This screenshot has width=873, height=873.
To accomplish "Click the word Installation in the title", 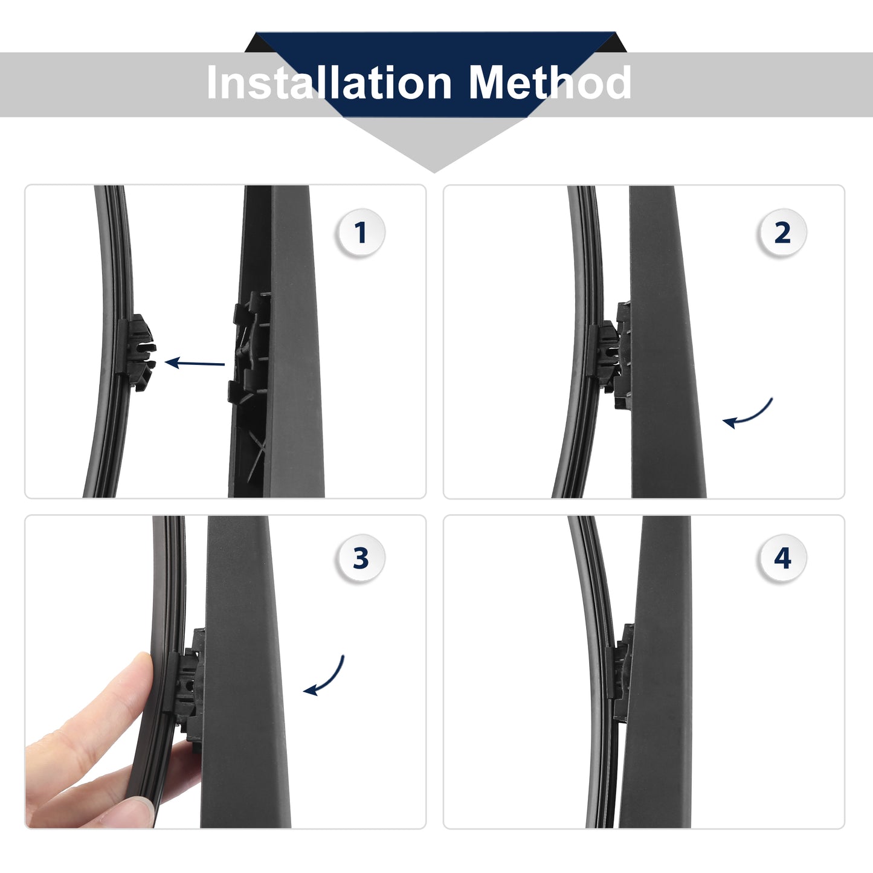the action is [x=329, y=82].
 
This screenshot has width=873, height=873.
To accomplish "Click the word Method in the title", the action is [x=550, y=82].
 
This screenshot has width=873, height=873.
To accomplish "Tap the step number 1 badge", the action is [x=361, y=233].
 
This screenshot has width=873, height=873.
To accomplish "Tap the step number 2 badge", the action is [x=782, y=233].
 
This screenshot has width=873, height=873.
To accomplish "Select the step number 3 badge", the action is [x=361, y=558].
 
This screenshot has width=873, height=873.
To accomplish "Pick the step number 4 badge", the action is [x=782, y=558].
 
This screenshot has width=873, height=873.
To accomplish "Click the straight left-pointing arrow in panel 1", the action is [x=195, y=363].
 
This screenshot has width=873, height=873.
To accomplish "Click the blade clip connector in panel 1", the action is [x=137, y=352].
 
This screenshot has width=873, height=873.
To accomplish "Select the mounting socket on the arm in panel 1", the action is [x=249, y=349].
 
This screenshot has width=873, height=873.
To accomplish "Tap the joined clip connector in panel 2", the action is [x=610, y=356].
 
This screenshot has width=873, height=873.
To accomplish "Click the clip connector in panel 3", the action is [x=187, y=689].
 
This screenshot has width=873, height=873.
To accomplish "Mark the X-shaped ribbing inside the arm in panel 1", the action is [x=256, y=449].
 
